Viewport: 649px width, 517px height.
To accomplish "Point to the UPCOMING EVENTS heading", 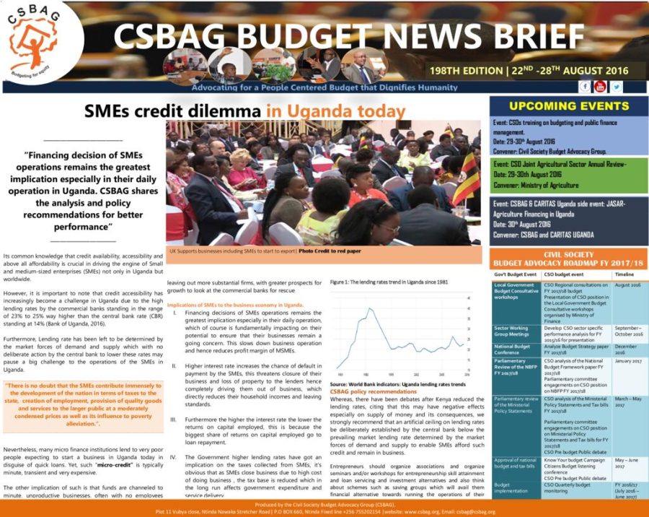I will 569,106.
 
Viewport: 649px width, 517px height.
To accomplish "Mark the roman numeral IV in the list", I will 172,456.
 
